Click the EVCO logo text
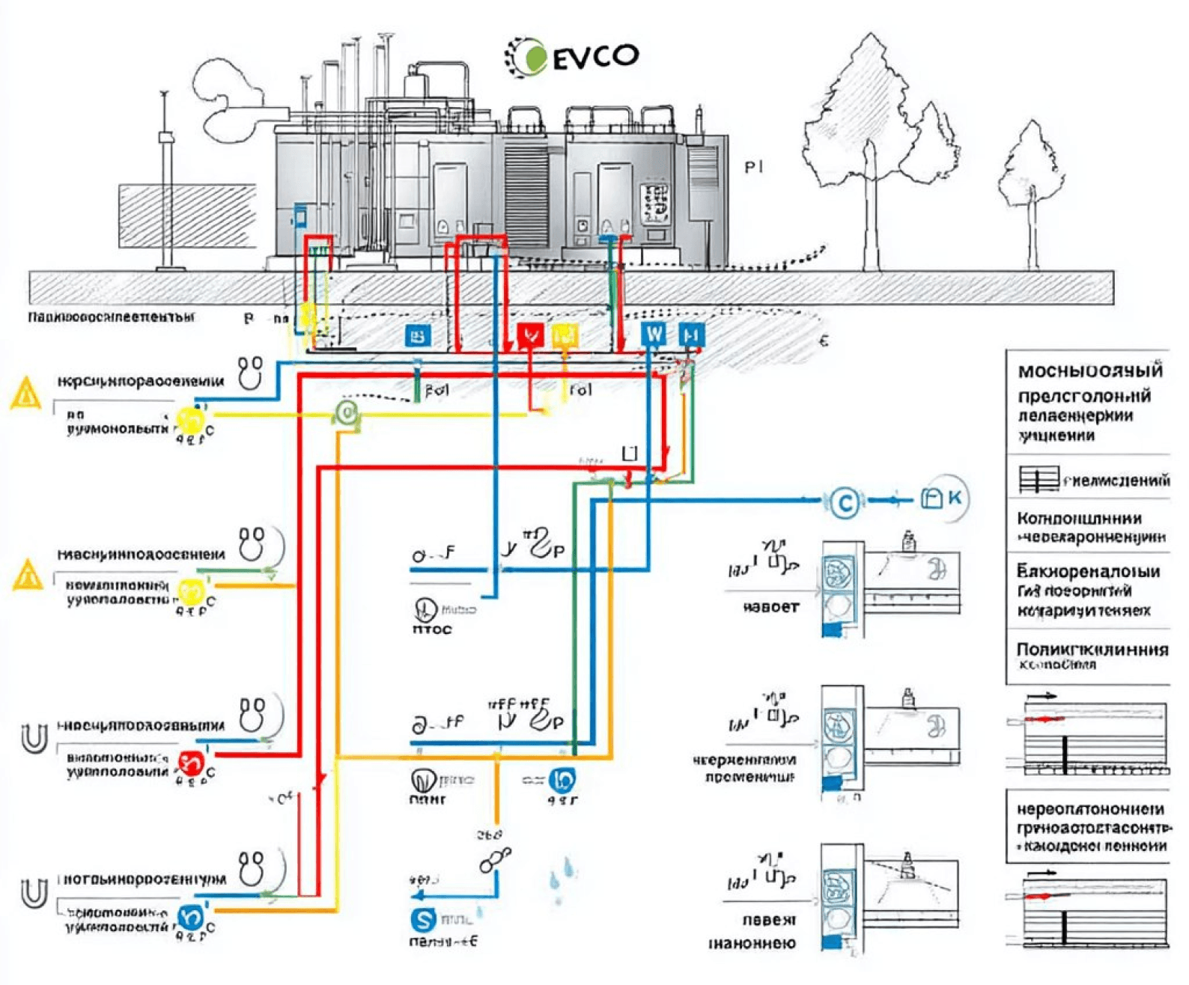596,55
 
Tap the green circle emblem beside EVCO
533,58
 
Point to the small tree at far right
1032,180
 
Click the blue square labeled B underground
418,336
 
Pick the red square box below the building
530,335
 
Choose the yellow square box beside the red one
565,335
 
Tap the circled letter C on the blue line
845,502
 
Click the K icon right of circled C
941,498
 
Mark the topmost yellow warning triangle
26,394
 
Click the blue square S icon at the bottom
424,918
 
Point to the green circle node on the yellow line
346,411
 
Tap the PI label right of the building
753,167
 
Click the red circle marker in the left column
191,763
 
